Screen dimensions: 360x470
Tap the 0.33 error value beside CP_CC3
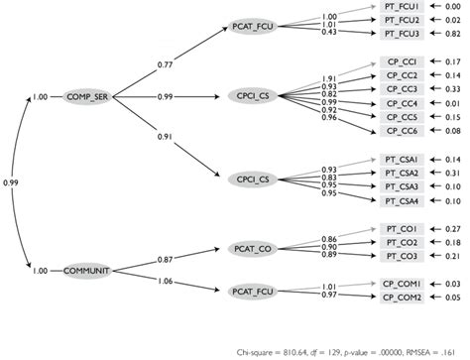point(453,89)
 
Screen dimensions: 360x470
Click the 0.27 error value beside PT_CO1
point(453,228)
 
